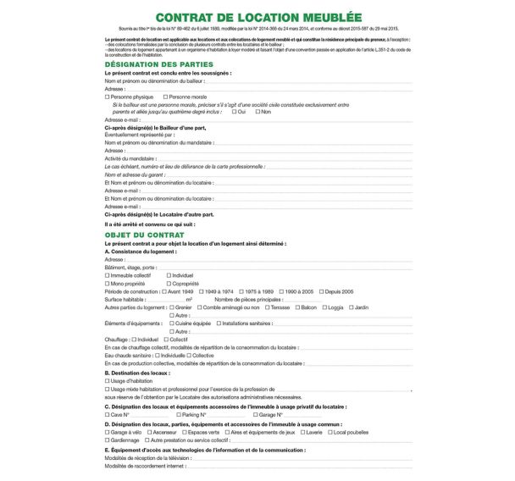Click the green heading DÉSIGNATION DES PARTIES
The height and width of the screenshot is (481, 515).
(158, 64)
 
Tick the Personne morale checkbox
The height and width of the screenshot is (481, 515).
(164, 97)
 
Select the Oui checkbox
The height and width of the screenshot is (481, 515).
(231, 112)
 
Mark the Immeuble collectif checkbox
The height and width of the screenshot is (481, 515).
(107, 275)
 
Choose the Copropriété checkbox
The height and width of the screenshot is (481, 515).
(169, 284)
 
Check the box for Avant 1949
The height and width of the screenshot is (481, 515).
(164, 291)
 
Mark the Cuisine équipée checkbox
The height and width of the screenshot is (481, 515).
(172, 323)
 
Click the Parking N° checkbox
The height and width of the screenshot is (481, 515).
(180, 414)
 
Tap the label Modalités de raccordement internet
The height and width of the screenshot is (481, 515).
(144, 466)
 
